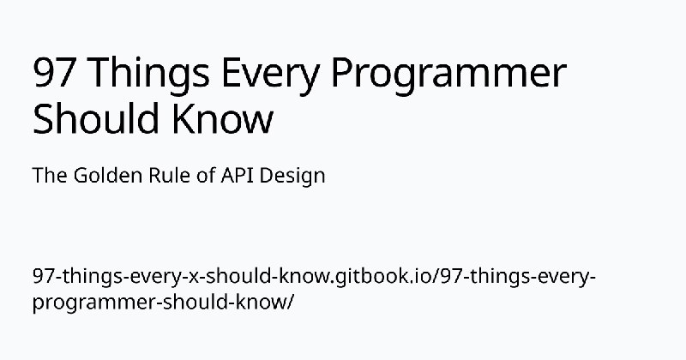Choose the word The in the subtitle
50,176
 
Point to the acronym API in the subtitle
238,176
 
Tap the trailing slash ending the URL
289,303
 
